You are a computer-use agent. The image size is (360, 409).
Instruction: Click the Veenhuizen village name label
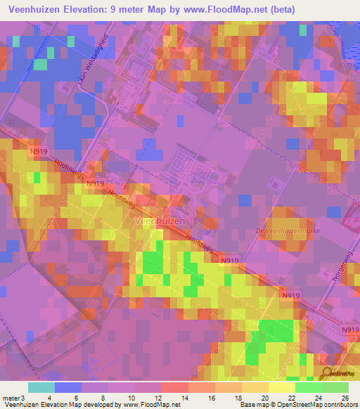pos(160,221)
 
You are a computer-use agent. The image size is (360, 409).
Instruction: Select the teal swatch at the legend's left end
pos(41,387)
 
